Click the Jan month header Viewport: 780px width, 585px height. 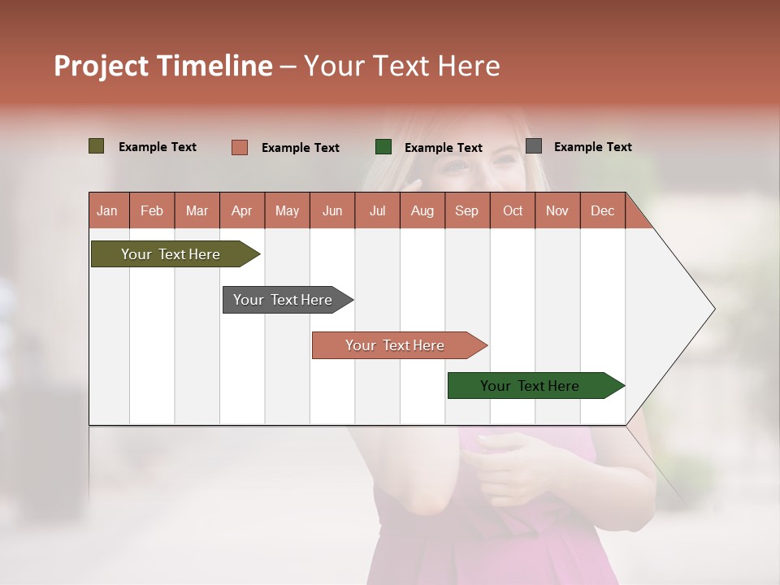point(107,210)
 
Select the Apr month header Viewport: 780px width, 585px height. point(241,210)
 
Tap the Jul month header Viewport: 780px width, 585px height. point(377,210)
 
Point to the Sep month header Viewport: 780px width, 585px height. point(466,210)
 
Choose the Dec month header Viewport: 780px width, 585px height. point(602,210)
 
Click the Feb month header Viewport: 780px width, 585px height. point(152,210)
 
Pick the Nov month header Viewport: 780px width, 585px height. point(557,210)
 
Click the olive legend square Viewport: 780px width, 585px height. point(97,146)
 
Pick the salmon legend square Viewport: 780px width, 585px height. point(240,147)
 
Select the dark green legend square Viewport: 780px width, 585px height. point(383,147)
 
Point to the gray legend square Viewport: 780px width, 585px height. point(534,146)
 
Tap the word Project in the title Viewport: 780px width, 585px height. point(101,66)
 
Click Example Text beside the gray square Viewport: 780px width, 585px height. point(592,147)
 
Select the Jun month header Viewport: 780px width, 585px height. point(331,210)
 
